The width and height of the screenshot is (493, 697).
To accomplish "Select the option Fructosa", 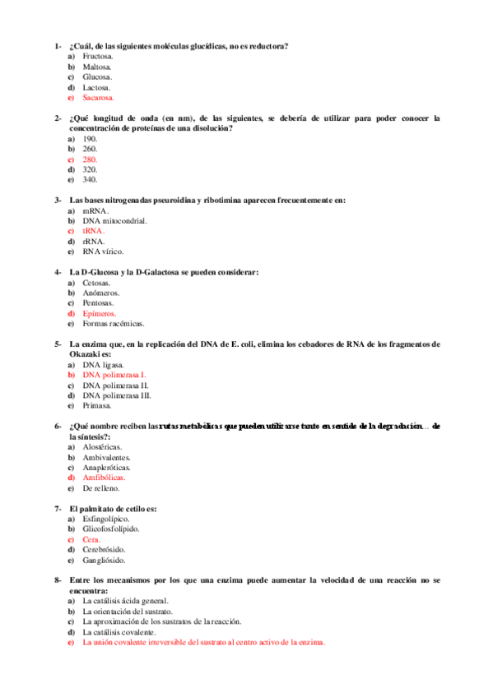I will coord(98,56).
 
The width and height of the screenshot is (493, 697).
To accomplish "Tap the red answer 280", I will coord(91,159).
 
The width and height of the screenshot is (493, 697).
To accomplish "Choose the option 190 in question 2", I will coord(91,138).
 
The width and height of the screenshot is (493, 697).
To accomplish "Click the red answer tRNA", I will coord(94,231).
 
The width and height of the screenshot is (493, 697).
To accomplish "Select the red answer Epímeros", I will coord(100,313).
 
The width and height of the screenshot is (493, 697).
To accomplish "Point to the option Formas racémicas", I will coord(113,324).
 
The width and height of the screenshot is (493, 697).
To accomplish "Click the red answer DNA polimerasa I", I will coord(114,375).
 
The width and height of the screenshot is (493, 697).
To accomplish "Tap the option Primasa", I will coord(97,405).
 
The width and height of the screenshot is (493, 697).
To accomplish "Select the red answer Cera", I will coord(91,540).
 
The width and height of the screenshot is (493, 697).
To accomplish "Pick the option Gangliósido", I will coord(104,561).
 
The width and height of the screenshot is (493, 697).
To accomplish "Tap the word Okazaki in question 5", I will coord(86,354).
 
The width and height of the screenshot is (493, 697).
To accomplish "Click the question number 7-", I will coord(58,509).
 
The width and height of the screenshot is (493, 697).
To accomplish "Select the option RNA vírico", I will coord(102,252).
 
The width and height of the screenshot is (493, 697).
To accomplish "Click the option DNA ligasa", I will coord(103,364).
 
